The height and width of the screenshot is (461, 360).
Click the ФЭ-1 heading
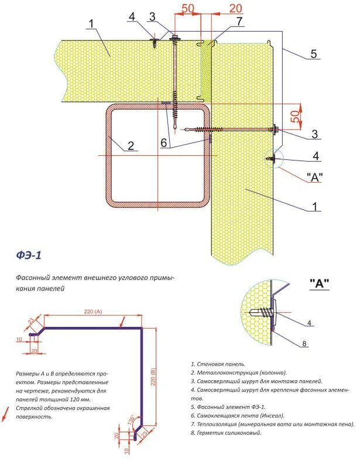click(29, 255)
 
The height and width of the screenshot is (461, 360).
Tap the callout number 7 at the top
click(239, 22)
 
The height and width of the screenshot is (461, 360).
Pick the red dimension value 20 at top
click(236, 8)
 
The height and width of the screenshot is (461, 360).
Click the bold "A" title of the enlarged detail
click(318, 284)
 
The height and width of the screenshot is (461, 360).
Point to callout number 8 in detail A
click(304, 344)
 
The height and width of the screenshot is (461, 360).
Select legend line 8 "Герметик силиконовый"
click(226, 433)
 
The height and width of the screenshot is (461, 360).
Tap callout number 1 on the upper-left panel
click(91, 25)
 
